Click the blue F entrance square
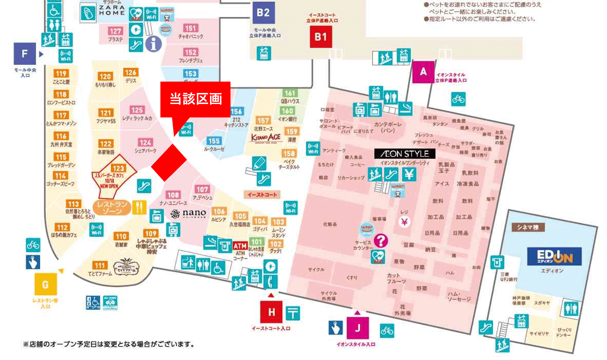25,54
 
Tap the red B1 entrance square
320,37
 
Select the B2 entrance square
263,13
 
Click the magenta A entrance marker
423,72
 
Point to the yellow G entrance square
45,284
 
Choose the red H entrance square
271,312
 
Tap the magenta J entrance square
358,328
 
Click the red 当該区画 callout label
195,99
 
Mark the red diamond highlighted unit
169,163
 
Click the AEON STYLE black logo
405,154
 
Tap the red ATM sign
240,246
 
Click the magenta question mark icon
381,240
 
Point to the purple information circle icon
153,44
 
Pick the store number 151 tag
190,28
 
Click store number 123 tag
118,168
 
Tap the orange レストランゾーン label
112,208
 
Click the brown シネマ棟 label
528,227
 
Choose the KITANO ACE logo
266,138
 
